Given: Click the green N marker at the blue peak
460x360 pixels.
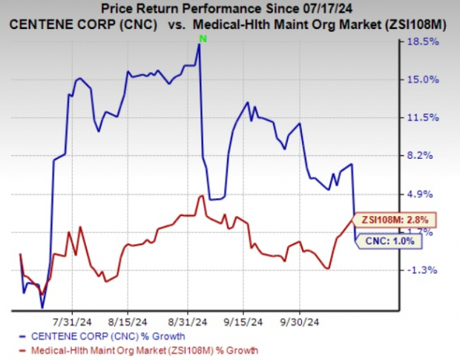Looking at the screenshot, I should click(200, 38).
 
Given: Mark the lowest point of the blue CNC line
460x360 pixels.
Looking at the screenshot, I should click(42, 307).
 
